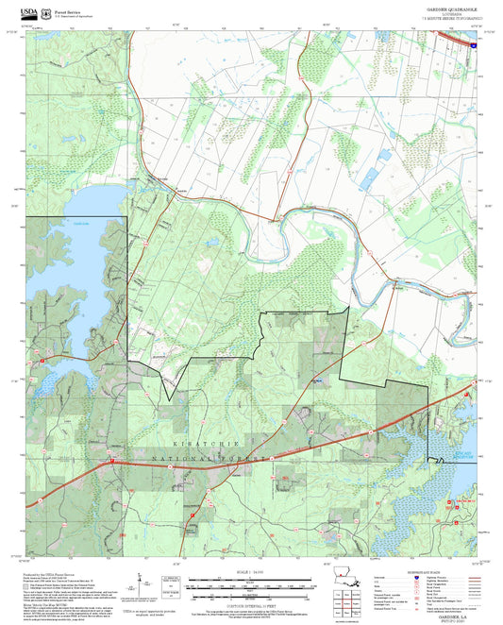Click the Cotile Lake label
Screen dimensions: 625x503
[x=54, y=223]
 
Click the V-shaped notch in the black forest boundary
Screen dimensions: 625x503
[x=171, y=397]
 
